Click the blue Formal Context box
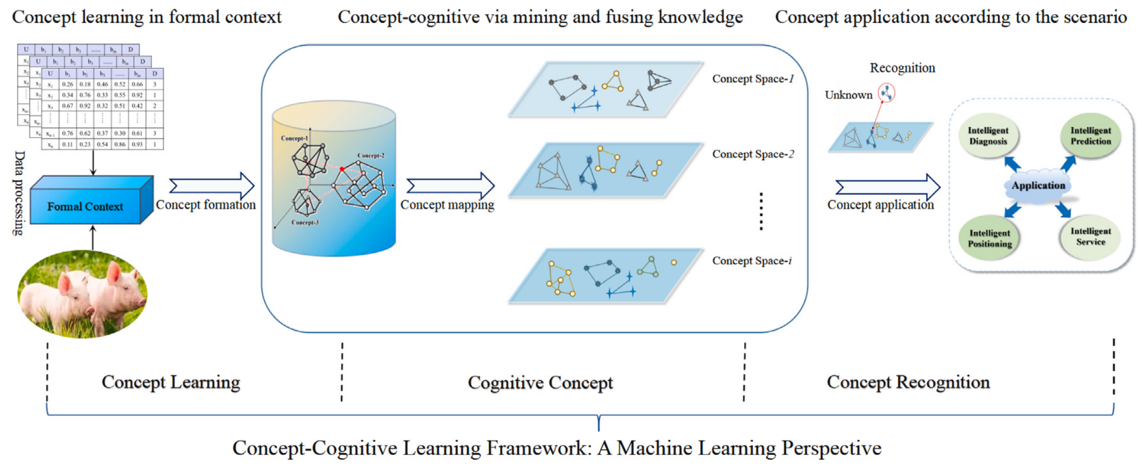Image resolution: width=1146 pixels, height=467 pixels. [85, 206]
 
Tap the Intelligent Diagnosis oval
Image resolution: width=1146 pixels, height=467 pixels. [988, 136]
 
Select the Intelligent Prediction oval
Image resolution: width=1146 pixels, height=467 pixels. [1091, 136]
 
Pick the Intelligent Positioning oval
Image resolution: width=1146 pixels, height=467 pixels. [989, 238]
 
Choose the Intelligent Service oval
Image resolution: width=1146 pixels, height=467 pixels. [1091, 237]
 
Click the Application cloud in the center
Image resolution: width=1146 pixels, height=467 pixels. [1038, 186]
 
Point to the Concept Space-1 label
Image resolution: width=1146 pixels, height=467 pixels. [752, 79]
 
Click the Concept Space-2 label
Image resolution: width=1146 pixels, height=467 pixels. [752, 154]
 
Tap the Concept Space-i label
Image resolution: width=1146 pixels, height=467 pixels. [751, 261]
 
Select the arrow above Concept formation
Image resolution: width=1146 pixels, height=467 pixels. [212, 185]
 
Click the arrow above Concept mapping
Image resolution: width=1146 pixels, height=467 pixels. [450, 185]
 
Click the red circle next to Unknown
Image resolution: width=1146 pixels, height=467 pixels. [886, 93]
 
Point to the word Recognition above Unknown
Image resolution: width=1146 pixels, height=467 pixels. [902, 68]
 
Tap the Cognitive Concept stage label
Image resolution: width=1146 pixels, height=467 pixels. [540, 383]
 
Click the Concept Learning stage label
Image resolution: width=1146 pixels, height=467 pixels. [171, 382]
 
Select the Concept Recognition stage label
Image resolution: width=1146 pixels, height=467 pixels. [908, 382]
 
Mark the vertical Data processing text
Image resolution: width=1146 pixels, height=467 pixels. [19, 193]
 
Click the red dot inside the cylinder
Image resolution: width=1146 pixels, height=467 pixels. [342, 169]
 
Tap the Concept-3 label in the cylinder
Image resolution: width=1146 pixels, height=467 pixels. [305, 223]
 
